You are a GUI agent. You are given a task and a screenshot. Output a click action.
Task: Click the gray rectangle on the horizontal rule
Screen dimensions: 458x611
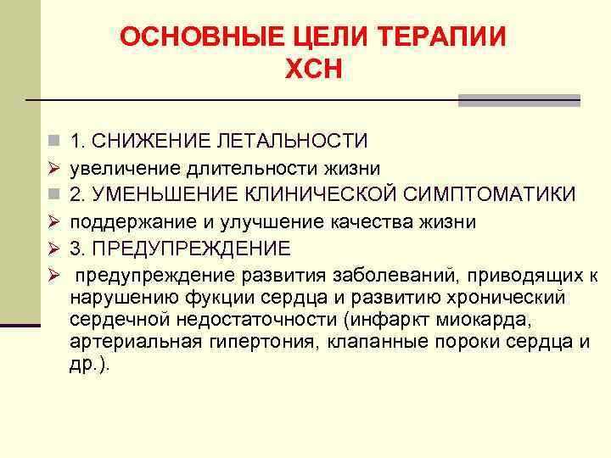pyautogui.click(x=519, y=100)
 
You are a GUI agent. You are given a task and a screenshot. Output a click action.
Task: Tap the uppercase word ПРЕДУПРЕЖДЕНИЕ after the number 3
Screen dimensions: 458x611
pyautogui.click(x=192, y=249)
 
